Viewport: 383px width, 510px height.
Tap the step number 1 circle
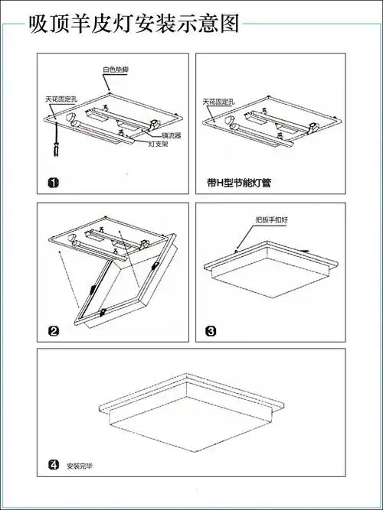53,183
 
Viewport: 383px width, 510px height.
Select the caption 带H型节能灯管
240,184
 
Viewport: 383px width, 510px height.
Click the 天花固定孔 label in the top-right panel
218,101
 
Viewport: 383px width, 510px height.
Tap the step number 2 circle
54,331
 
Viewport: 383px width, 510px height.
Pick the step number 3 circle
211,331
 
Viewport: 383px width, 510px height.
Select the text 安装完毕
78,466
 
